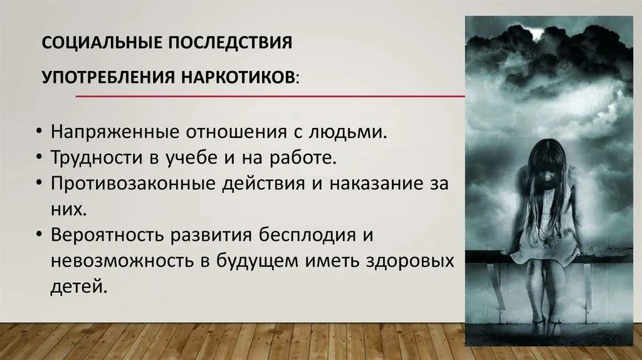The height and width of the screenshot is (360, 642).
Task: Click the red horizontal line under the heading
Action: tap(270, 97)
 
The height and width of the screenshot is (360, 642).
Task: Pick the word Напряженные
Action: tap(115, 132)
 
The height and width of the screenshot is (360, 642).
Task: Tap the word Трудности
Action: tap(96, 158)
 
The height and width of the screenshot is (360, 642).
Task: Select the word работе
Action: tap(303, 157)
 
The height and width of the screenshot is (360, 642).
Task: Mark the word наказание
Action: tap(376, 184)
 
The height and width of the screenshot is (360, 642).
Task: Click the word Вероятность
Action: tap(107, 235)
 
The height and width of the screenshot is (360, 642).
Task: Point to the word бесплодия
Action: tap(307, 235)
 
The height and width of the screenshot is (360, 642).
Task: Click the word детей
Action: tap(78, 287)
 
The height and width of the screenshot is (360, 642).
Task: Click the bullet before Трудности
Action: tap(39, 157)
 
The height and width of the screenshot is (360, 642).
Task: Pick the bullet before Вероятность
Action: tap(39, 235)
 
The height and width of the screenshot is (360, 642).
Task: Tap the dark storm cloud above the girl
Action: tap(549, 57)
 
